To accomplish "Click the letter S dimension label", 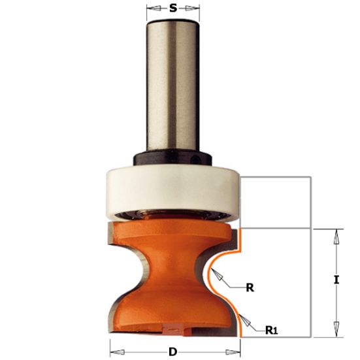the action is pyautogui.click(x=173, y=8).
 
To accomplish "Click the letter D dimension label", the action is pyautogui.click(x=173, y=352).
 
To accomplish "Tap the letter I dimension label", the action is pyautogui.click(x=336, y=280).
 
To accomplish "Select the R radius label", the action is pyautogui.click(x=250, y=287).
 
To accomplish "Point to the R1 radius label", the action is pyautogui.click(x=272, y=331).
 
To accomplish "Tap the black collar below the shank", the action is pyautogui.click(x=172, y=157).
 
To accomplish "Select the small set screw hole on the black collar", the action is pyautogui.click(x=195, y=159).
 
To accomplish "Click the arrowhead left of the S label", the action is pyautogui.click(x=154, y=8).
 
